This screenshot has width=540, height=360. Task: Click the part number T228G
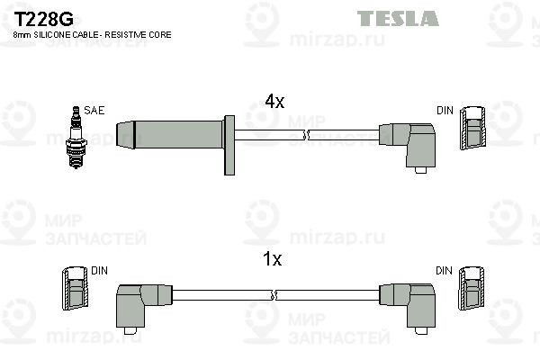pos(43,19)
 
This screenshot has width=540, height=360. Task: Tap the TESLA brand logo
pos(398,18)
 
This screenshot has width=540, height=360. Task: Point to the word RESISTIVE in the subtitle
pos(125,35)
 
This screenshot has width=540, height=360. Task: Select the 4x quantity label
pos(274,102)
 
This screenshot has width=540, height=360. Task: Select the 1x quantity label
pos(272,259)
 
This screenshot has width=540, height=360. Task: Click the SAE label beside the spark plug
pos(94,110)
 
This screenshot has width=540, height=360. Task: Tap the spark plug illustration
pos(76,137)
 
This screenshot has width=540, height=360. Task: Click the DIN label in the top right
pos(445,110)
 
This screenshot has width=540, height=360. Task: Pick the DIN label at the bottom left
pos(99,271)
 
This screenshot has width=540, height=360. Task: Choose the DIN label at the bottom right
pos(444,271)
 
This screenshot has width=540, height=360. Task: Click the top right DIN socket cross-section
pos(472,128)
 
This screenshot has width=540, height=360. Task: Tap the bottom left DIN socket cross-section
pos(75,288)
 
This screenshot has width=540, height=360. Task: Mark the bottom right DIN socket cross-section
pos(471,288)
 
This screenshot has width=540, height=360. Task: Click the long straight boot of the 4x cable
pos(170,134)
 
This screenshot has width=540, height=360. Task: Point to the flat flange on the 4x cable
pos(229,145)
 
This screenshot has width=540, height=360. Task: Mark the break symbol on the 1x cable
pos(274,295)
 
